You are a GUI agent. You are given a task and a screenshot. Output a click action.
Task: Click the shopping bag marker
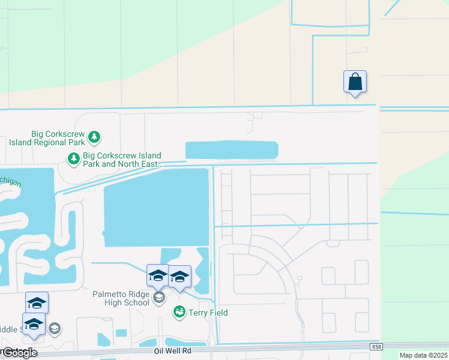(x=355, y=81)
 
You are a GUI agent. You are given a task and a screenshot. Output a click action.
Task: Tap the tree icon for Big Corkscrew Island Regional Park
(x=94, y=137)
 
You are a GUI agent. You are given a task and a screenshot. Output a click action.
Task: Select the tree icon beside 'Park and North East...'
(x=73, y=159)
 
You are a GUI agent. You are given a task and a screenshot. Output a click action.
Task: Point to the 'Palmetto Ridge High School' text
(x=121, y=298)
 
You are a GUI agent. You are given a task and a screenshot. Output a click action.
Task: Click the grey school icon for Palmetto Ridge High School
(x=159, y=298)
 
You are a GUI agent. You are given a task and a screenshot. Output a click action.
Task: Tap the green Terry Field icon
(x=179, y=312)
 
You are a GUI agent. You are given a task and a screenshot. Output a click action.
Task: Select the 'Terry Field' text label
(x=208, y=313)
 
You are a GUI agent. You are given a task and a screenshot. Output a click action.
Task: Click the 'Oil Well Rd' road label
(x=172, y=350)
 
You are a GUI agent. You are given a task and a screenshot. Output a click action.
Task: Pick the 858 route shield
(x=376, y=347)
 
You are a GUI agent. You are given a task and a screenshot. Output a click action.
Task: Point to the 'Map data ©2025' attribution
(x=424, y=356)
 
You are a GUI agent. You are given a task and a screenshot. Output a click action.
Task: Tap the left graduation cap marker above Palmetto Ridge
(x=158, y=275)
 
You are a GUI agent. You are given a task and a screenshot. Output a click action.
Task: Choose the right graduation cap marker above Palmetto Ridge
(x=179, y=277)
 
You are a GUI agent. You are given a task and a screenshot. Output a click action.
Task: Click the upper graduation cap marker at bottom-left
(x=37, y=303)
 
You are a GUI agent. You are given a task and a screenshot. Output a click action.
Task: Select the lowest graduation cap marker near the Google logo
(x=34, y=323)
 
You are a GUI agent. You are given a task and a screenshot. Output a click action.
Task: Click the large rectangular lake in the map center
(x=156, y=207)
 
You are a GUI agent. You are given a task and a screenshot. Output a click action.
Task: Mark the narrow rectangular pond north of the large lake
(x=231, y=150)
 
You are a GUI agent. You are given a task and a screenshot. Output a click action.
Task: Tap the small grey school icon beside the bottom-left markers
(x=54, y=328)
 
